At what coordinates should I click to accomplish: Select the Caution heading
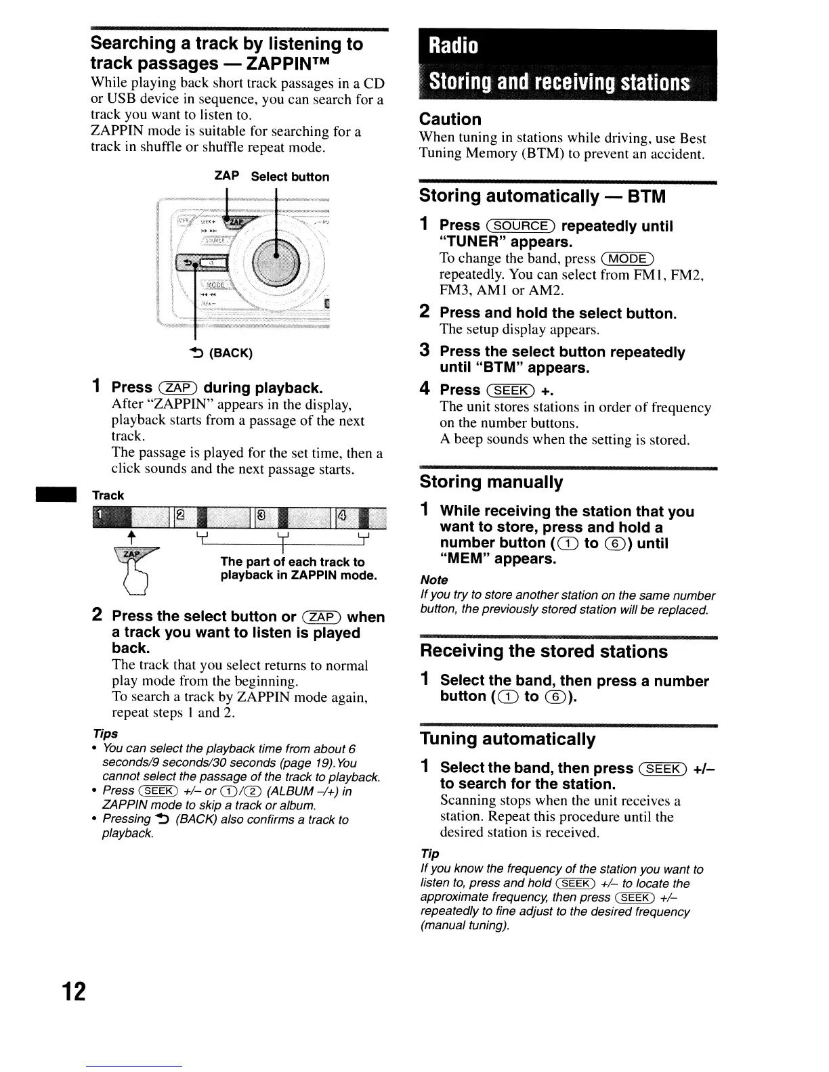point(450,119)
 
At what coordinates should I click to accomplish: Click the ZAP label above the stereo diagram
point(226,176)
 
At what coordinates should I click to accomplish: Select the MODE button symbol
point(629,259)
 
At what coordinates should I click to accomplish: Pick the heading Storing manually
point(491,482)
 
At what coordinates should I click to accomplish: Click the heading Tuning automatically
point(507,738)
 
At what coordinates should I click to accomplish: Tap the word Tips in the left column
point(105,734)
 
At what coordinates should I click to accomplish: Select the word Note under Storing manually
point(433,580)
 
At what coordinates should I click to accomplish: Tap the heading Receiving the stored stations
point(543,651)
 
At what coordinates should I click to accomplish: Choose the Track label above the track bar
point(108,495)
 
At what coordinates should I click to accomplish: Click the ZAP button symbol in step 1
point(177,388)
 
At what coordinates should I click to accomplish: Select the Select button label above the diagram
point(290,177)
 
